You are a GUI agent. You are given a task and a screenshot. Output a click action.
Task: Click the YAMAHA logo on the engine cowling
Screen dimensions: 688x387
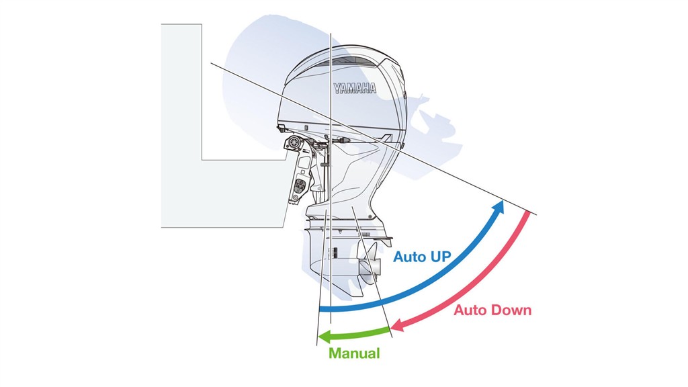[355, 88]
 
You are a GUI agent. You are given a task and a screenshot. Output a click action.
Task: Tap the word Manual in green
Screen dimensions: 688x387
[355, 353]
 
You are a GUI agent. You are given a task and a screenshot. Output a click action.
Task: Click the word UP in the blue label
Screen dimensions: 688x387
[440, 256]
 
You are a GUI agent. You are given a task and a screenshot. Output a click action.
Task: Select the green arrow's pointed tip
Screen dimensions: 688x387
[319, 337]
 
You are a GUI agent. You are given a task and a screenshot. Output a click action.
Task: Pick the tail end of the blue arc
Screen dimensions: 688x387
[320, 308]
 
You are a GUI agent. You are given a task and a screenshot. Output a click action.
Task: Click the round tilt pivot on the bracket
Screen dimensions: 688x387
[292, 142]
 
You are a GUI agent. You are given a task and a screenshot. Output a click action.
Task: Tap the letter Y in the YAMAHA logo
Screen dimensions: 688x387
[337, 88]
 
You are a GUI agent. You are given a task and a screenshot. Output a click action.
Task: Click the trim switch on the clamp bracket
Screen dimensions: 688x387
[300, 186]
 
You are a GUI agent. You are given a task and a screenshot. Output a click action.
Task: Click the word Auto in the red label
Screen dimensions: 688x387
[470, 310]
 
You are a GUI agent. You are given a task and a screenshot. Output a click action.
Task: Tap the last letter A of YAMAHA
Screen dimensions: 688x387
[372, 88]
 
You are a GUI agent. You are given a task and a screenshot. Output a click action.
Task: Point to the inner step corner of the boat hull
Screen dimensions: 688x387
[202, 160]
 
